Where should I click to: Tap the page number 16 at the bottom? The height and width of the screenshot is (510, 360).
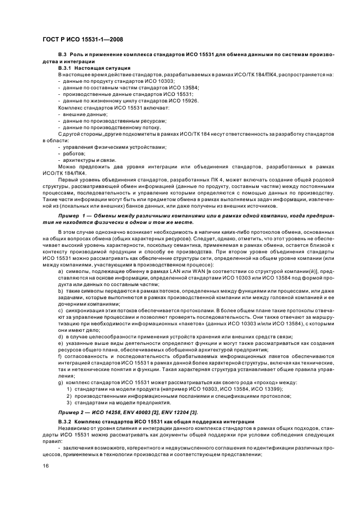point(46,465)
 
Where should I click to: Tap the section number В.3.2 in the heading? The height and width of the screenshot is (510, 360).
point(68,422)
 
